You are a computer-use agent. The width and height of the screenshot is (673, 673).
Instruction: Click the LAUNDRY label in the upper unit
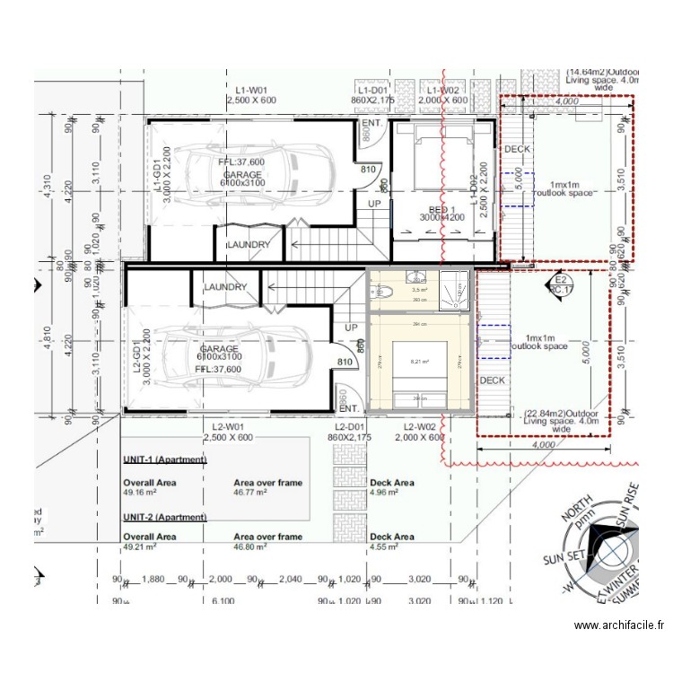[249, 244]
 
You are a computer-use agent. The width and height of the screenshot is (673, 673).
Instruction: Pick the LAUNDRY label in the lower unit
[225, 287]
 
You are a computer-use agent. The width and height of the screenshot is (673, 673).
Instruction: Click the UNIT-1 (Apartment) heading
[165, 459]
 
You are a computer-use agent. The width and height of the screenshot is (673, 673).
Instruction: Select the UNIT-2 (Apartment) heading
[165, 519]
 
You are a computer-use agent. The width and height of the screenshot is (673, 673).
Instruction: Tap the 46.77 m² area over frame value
[250, 493]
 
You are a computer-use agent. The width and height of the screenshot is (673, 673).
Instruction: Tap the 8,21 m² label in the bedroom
[419, 362]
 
